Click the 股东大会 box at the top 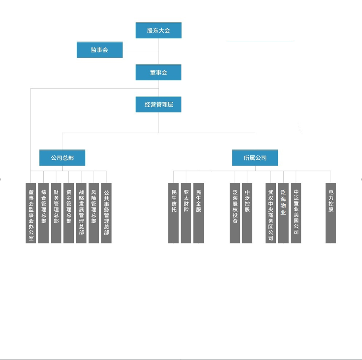[158, 30]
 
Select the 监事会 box [99, 50]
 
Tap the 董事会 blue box [158, 72]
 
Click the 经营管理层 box [158, 104]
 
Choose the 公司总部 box [62, 158]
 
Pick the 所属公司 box [255, 158]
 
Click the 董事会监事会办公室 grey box [31, 213]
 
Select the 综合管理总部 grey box [43, 213]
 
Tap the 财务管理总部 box [56, 213]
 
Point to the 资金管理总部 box [68, 213]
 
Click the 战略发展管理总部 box [81, 213]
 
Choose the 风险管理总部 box [94, 213]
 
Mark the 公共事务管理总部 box [106, 213]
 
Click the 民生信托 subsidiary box [174, 213]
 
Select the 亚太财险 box [186, 213]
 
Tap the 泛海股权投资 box [235, 213]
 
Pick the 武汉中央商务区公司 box [271, 213]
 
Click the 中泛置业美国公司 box [296, 213]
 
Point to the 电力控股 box [331, 213]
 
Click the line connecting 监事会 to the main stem [140, 50]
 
